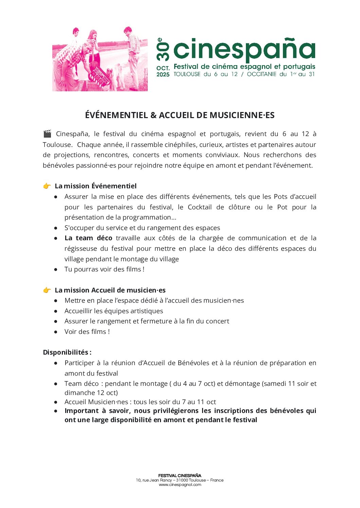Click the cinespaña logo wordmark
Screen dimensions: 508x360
[244, 49]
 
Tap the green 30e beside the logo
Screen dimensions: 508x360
[163, 50]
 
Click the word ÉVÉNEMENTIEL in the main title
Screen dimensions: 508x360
[116, 115]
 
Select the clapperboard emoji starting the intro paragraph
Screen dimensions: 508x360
[47, 134]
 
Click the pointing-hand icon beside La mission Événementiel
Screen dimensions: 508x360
[47, 186]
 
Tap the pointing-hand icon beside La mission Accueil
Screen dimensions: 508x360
[47, 290]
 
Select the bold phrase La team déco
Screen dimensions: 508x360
[88, 238]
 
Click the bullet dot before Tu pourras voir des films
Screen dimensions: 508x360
[56, 269]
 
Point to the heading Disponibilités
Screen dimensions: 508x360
[67, 352]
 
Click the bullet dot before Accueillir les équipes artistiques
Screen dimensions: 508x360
[56, 311]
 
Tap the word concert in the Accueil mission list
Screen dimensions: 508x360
[218, 321]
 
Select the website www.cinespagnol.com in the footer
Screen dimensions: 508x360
[180, 485]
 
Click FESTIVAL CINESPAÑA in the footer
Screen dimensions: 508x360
[180, 475]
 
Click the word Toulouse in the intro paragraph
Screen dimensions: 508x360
[57, 145]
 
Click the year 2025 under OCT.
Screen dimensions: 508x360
[163, 74]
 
